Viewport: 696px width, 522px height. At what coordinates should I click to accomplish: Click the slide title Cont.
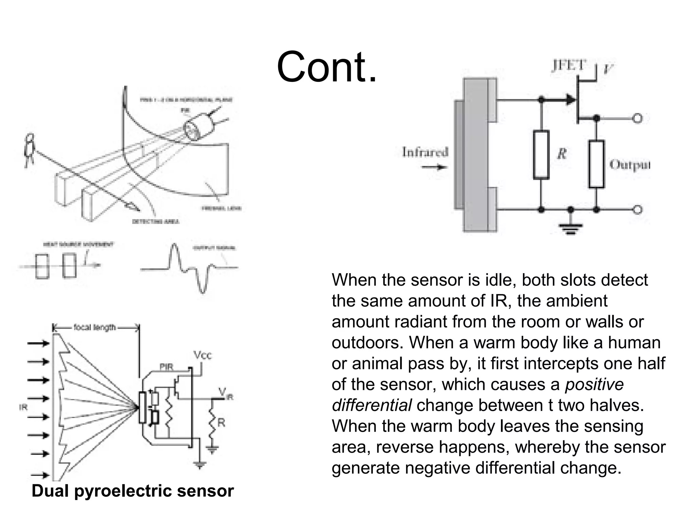327,67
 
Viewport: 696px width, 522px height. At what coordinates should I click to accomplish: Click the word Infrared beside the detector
425,152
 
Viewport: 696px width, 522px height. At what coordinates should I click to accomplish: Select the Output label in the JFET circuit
630,165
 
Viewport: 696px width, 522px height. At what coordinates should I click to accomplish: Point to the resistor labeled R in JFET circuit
541,155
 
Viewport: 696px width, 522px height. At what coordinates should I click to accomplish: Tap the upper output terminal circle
638,118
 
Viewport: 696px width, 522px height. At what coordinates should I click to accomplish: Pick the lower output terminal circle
638,210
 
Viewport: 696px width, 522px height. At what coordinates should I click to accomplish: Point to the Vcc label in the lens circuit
203,355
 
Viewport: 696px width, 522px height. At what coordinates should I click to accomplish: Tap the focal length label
95,328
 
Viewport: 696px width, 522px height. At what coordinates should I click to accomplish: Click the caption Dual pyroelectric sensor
133,491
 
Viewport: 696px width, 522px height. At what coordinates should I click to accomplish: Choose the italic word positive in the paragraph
594,384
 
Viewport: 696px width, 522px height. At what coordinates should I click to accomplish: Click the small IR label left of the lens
23,407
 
